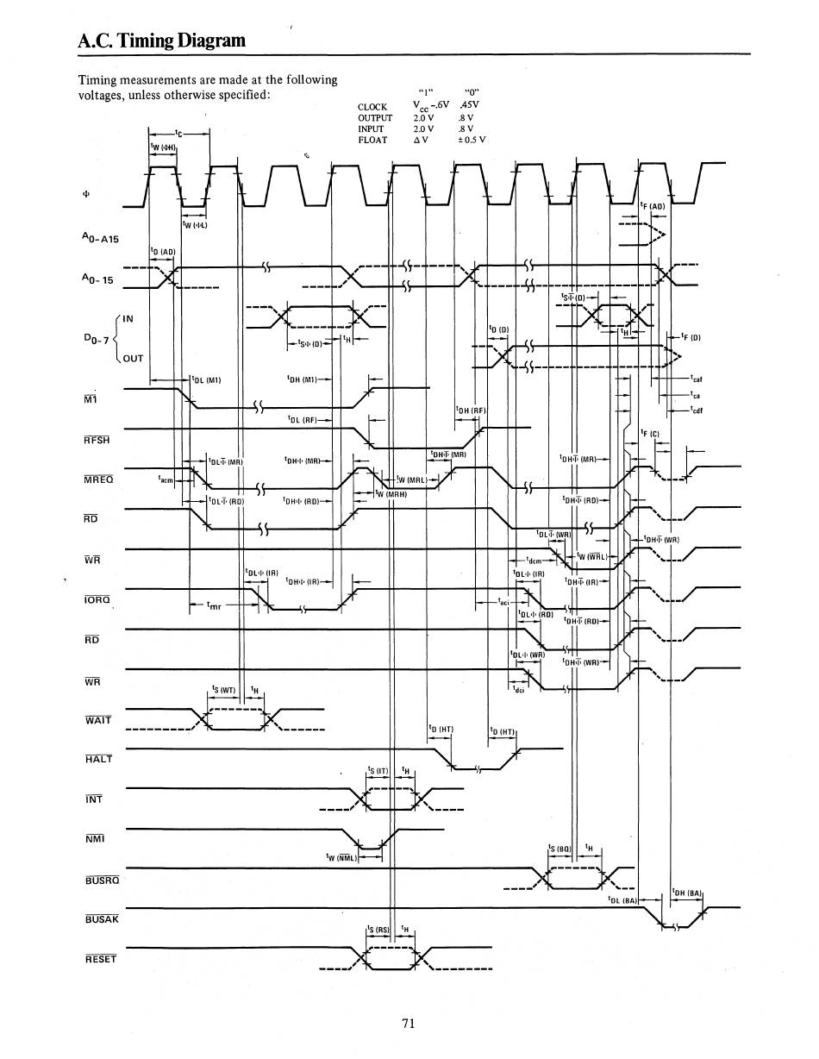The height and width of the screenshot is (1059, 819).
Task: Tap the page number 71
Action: (x=409, y=1024)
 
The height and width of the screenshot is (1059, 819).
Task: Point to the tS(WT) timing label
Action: (x=223, y=689)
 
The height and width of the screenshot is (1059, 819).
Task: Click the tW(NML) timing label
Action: (x=342, y=857)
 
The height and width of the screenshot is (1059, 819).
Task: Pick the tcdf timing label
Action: (x=697, y=410)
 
